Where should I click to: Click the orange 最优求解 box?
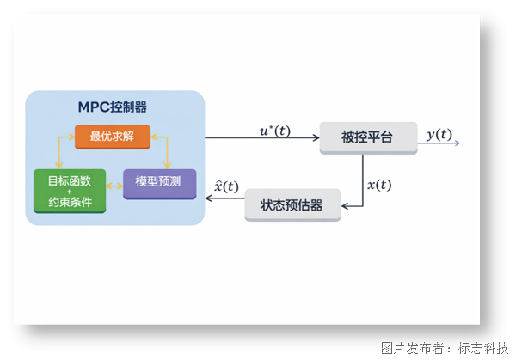(113, 136)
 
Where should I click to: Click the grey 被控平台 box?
(368, 137)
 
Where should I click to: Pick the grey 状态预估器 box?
(292, 205)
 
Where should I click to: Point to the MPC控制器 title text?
(112, 107)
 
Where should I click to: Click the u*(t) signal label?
(275, 131)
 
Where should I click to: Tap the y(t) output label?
(439, 134)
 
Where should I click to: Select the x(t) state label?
(379, 185)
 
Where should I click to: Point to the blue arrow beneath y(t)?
(439, 143)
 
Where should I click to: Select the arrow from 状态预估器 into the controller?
(224, 199)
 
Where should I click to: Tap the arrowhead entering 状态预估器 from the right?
(346, 205)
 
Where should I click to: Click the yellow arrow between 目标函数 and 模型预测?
(114, 183)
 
